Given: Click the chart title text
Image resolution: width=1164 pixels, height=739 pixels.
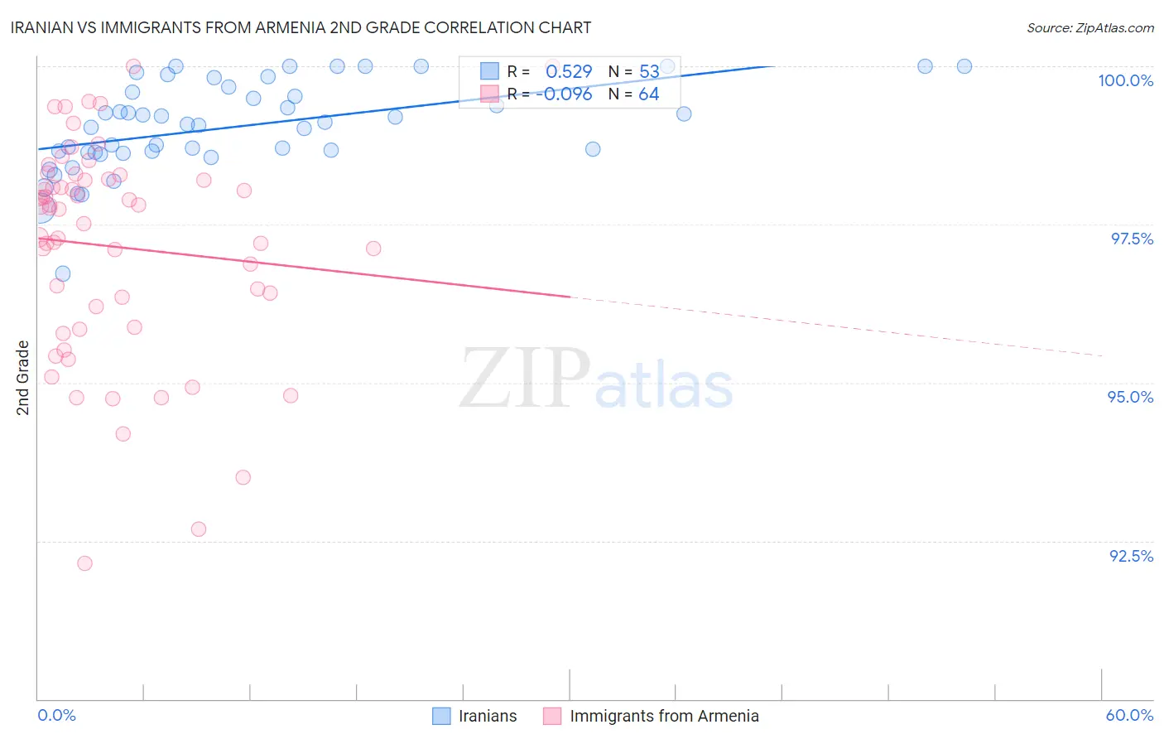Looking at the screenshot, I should [x=301, y=27].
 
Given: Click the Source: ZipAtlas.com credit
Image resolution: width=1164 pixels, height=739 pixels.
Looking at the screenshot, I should [x=1089, y=27].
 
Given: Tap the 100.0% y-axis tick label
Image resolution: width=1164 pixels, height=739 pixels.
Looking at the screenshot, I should [x=1125, y=80].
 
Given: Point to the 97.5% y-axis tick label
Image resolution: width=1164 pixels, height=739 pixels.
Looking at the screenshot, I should [x=1131, y=239].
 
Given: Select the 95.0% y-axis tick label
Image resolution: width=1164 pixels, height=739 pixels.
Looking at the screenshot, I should [x=1130, y=397].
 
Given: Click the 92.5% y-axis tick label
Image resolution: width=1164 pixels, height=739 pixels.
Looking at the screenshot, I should [x=1131, y=556].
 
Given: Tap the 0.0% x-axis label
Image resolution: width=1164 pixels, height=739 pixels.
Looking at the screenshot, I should [x=56, y=715].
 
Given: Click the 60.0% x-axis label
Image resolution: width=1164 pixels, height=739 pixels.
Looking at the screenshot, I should [x=1129, y=715].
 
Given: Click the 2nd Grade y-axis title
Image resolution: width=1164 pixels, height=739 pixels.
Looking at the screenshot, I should [x=23, y=378].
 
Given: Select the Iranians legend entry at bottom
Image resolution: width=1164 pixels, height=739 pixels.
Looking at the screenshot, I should [x=475, y=716].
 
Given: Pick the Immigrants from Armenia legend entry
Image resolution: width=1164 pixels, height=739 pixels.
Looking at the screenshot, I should [x=652, y=716].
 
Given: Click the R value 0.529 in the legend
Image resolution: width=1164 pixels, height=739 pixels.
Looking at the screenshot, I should [x=569, y=72].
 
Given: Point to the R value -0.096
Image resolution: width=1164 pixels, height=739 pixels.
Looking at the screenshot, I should [x=564, y=94].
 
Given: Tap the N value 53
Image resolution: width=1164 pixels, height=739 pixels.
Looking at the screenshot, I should [x=649, y=72].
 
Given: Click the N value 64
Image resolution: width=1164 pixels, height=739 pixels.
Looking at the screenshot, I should [x=648, y=94].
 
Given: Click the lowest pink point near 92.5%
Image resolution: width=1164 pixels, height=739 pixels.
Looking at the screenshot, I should [x=84, y=563].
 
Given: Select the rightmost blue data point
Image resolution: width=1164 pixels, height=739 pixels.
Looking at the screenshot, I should [x=964, y=66].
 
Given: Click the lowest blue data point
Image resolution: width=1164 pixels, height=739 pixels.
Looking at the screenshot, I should [x=63, y=273].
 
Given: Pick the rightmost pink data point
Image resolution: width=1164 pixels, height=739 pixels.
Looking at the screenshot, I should [x=373, y=249].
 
